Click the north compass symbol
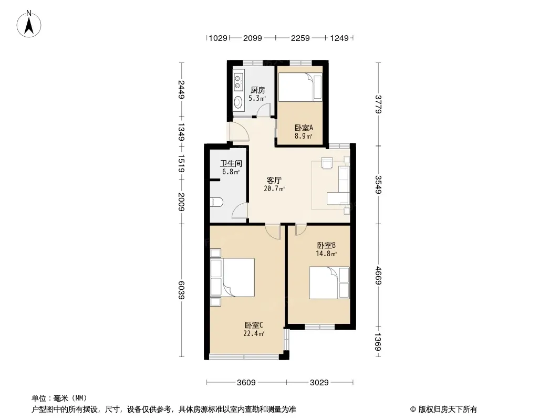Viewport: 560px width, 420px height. (29, 24)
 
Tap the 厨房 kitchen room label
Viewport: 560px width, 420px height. (257, 90)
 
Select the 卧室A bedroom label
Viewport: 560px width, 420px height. (304, 128)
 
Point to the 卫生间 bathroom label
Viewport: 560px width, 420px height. (231, 163)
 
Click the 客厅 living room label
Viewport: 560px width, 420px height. (274, 180)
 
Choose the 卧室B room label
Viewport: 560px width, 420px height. (326, 246)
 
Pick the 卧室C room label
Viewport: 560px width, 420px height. (254, 325)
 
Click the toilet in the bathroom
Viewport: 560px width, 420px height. (216, 203)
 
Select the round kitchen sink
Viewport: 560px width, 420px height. (238, 102)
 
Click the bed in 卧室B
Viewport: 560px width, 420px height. (329, 282)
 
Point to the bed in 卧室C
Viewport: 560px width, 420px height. (233, 277)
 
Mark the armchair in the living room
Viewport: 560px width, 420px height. (327, 163)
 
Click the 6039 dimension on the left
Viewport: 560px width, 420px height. (181, 290)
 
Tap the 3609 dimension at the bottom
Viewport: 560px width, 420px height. (246, 383)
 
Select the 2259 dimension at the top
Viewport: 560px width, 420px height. (300, 38)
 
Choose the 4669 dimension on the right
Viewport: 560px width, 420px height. (378, 276)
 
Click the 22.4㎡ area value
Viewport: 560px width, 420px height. (254, 334)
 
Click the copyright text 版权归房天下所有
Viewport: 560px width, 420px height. (447, 409)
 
